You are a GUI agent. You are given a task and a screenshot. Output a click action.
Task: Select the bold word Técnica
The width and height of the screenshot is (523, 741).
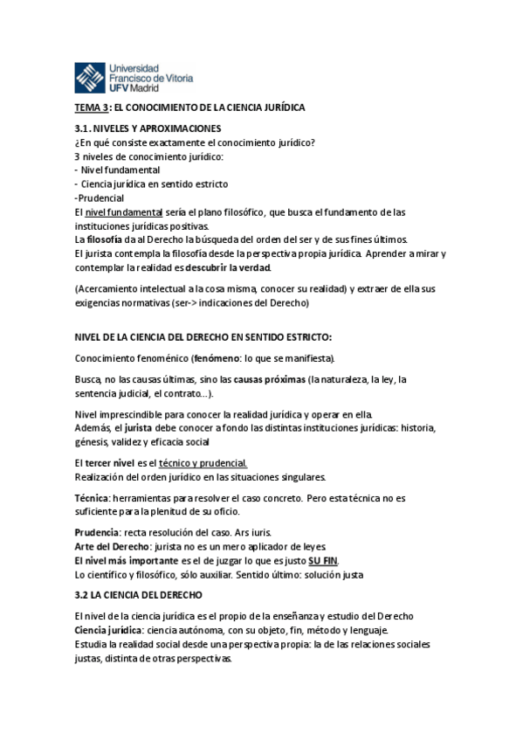[92, 498]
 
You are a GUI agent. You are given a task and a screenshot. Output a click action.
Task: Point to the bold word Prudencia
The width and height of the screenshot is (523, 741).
[96, 532]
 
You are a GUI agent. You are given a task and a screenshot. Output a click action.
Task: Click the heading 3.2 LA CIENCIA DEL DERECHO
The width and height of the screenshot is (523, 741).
[138, 595]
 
